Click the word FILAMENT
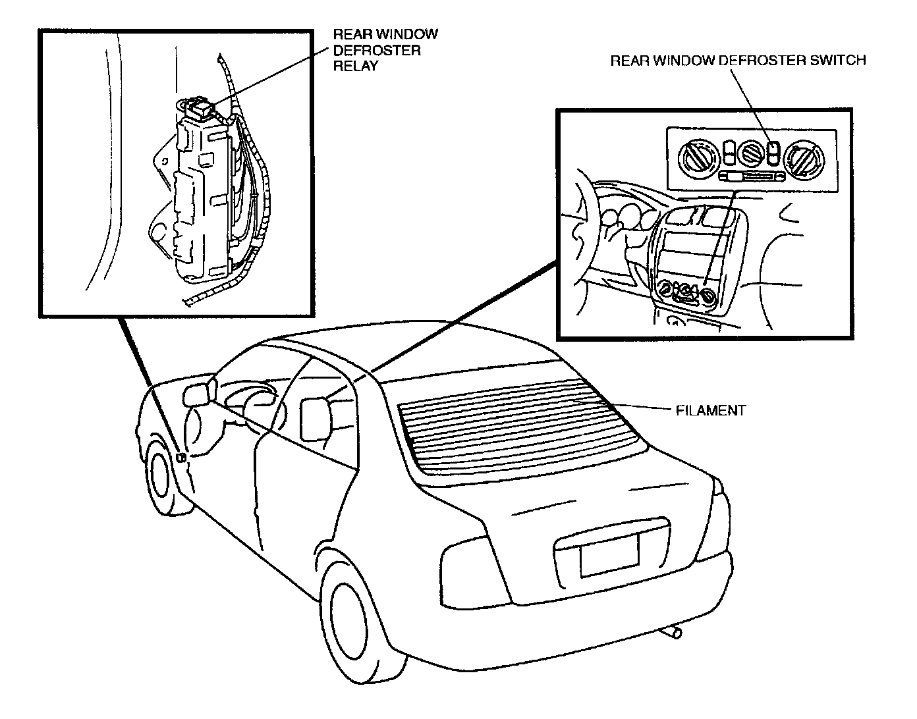pos(711,411)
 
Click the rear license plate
pos(609,554)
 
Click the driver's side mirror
pos(196,394)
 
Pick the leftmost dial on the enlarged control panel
pos(696,156)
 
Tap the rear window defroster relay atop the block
pos(198,107)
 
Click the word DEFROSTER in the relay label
pos(377,50)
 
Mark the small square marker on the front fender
pos(181,456)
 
